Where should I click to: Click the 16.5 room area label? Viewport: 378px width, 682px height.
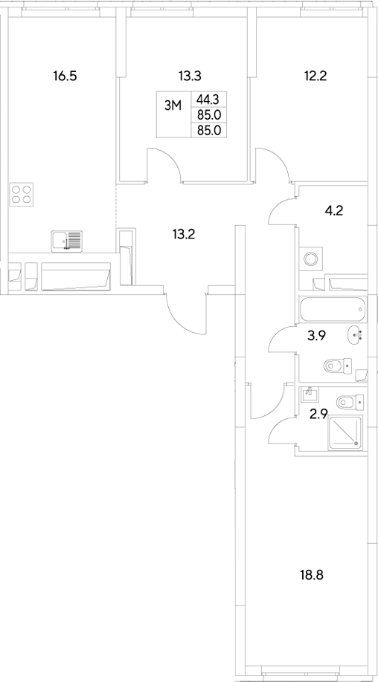tap(65, 75)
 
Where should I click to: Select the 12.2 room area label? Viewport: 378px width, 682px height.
tap(316, 75)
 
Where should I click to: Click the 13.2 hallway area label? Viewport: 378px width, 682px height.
tap(184, 235)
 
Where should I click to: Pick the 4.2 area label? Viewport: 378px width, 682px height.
tap(333, 210)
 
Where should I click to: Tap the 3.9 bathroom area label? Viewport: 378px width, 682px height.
tap(318, 336)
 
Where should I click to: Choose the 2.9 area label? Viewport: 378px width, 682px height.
tap(318, 414)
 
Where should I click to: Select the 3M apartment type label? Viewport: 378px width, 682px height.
tap(173, 106)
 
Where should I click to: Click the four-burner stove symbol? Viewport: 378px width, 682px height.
tap(22, 194)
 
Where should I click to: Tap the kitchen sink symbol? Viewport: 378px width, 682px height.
tap(67, 241)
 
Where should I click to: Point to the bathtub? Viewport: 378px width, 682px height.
tap(332, 306)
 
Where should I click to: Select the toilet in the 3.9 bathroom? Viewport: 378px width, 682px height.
tap(336, 366)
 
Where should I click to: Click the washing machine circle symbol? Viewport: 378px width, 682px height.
tap(310, 259)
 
